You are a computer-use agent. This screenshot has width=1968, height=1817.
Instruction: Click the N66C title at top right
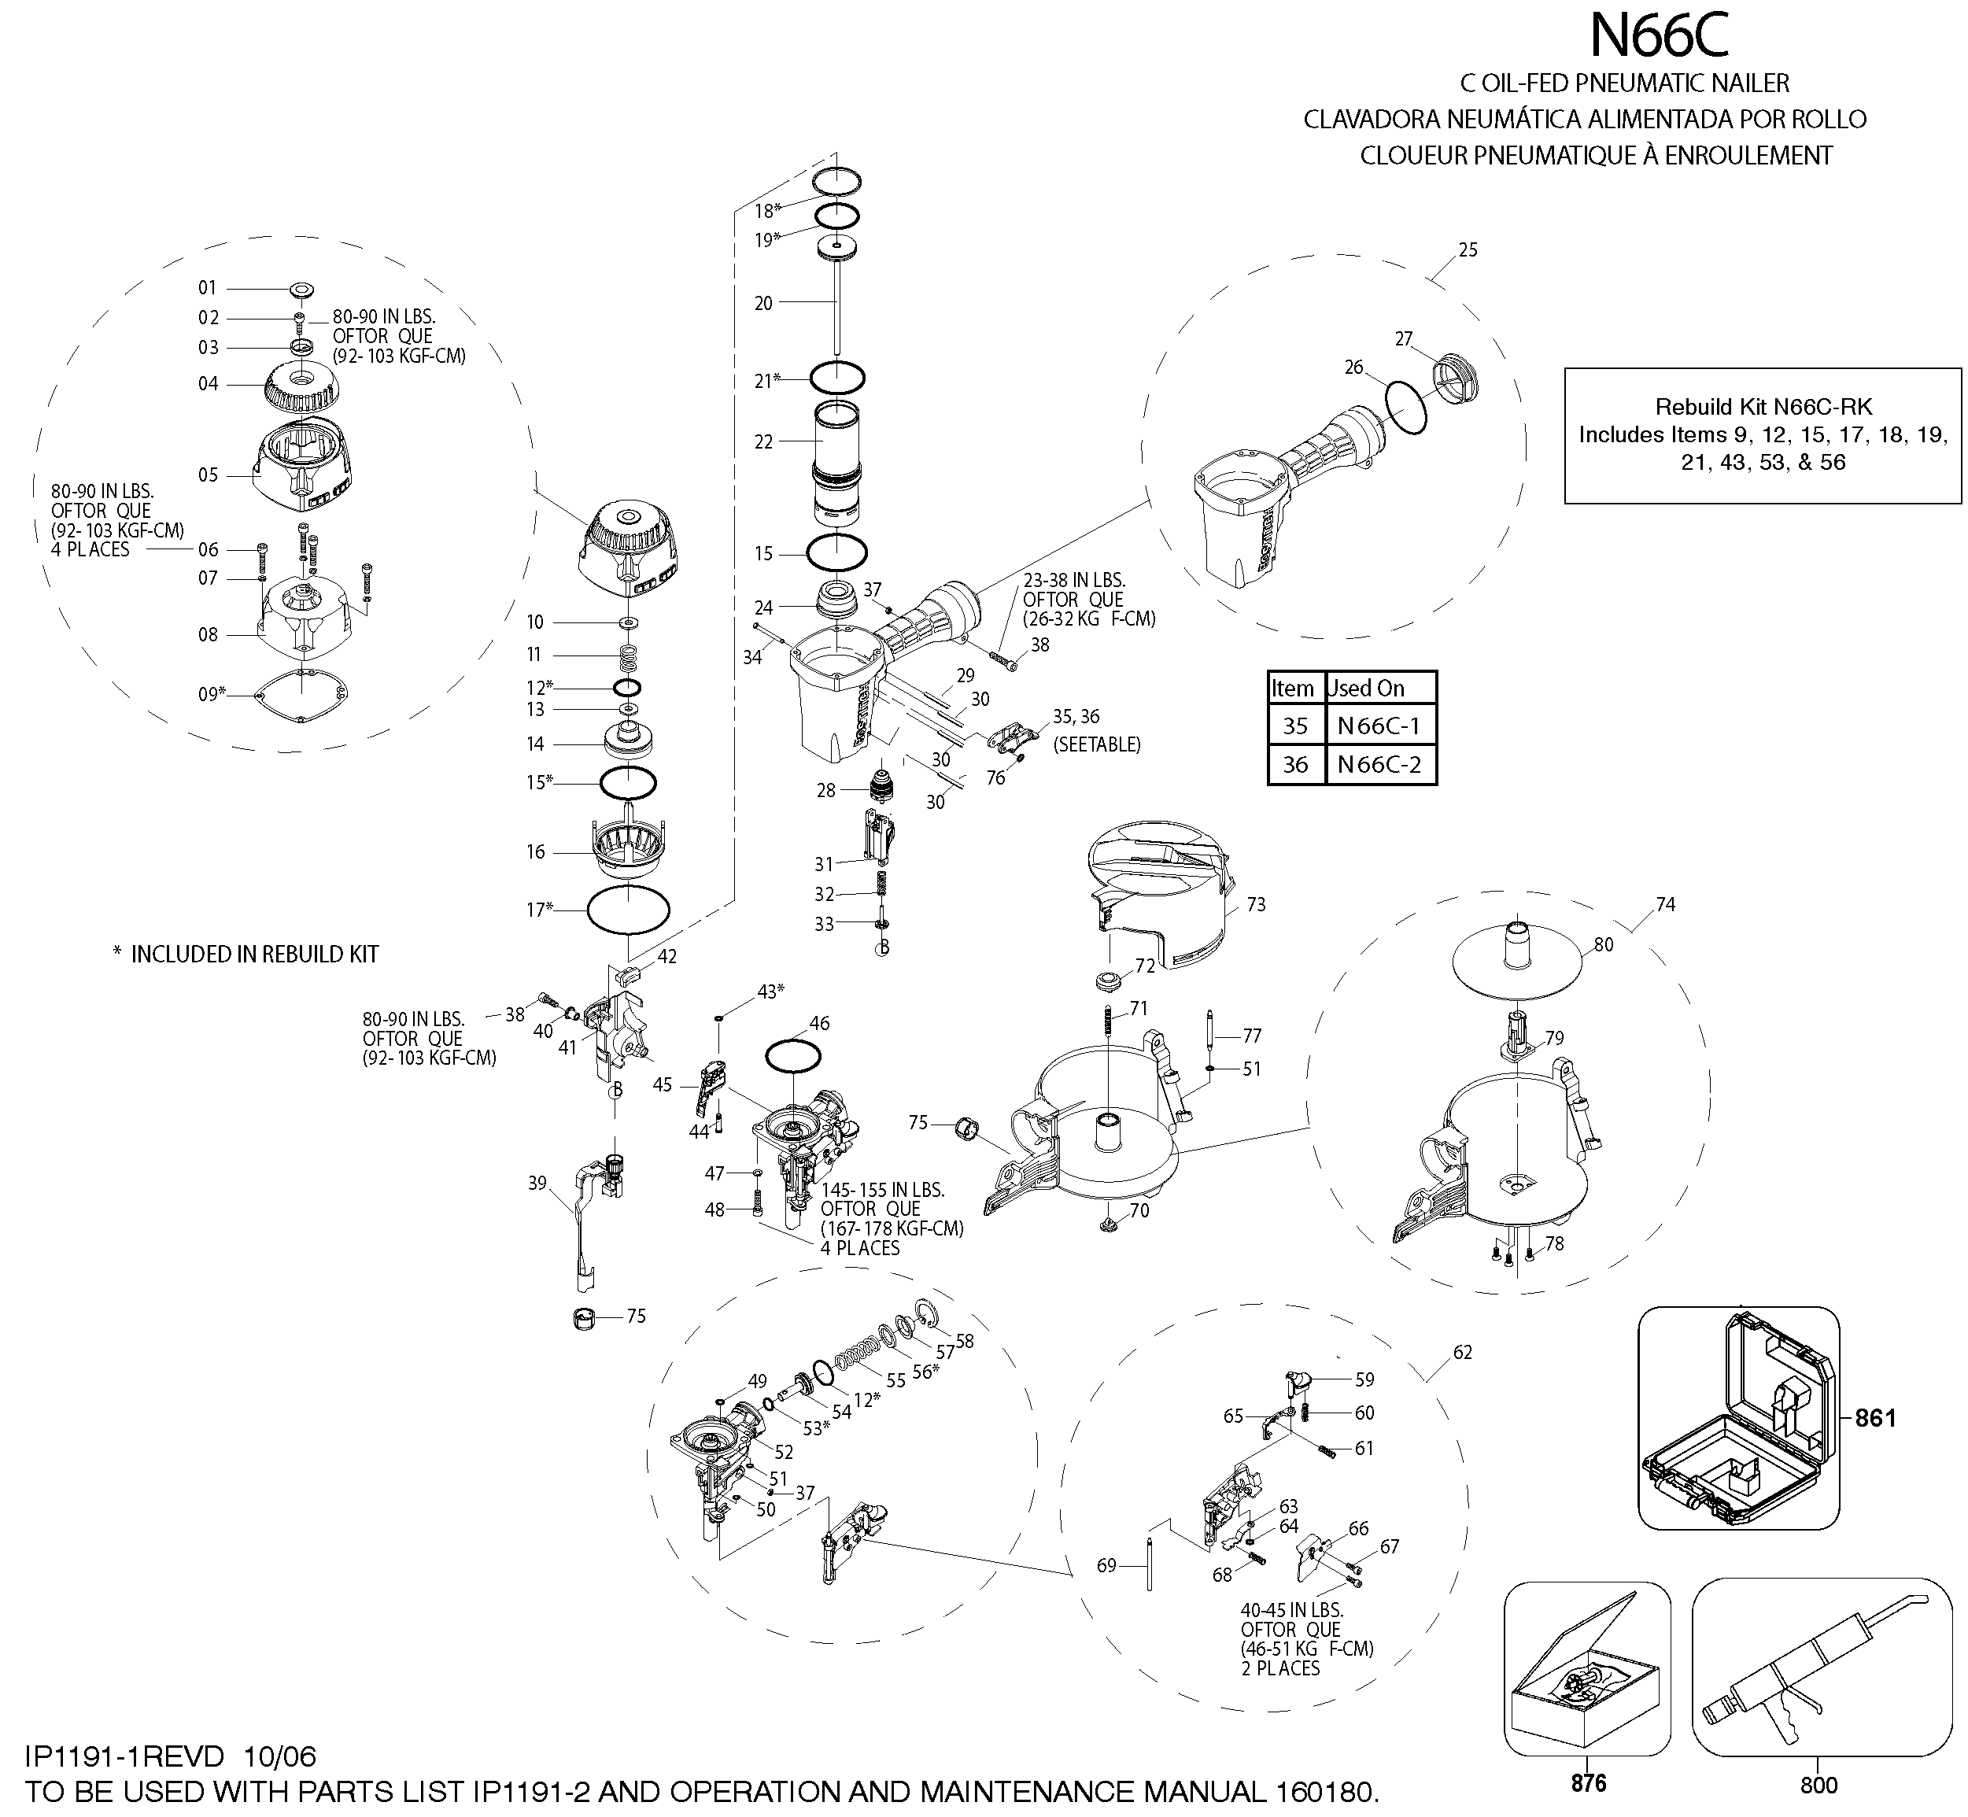coord(1660,35)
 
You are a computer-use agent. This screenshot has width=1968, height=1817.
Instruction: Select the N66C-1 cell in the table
coord(1380,726)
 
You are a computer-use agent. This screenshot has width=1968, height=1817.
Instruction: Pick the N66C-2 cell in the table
coord(1380,765)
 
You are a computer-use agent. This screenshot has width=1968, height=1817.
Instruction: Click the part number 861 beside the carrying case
coord(1874,1418)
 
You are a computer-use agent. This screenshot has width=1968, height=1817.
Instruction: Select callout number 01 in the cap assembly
coord(208,288)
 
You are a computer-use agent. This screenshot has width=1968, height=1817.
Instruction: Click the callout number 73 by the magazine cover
coord(1257,905)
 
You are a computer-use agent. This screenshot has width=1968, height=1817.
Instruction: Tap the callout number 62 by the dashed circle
coord(1463,1353)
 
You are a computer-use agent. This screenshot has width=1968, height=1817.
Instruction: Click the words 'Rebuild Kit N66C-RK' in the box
coord(1763,406)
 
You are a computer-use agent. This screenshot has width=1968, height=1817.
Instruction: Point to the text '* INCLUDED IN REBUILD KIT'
coord(246,954)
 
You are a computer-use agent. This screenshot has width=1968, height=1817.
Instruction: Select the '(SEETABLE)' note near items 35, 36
coord(1097,744)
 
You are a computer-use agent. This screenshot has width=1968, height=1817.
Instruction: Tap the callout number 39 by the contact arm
coord(537,1183)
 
